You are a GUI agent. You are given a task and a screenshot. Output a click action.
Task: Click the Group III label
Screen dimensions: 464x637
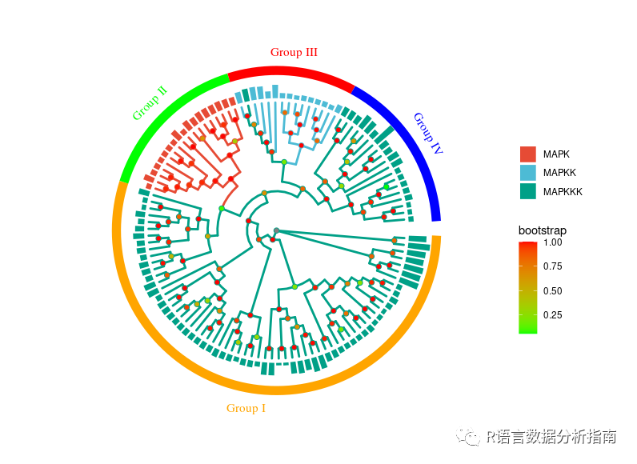(294, 53)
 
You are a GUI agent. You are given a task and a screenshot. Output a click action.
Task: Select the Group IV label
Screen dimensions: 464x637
(427, 133)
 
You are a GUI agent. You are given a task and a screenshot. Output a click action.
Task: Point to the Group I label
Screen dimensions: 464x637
(246, 408)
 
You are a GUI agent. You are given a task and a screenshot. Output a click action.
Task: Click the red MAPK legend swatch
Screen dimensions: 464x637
(527, 154)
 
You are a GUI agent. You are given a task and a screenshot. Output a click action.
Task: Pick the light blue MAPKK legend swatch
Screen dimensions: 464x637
(527, 173)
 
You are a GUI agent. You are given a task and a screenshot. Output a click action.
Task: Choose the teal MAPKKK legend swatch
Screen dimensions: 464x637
(527, 191)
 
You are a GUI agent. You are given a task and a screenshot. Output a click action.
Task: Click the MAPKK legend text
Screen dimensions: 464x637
(559, 173)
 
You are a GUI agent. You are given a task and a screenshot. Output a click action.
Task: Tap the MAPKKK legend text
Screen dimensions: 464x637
(563, 192)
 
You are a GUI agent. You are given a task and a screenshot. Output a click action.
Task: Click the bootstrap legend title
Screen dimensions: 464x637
(543, 231)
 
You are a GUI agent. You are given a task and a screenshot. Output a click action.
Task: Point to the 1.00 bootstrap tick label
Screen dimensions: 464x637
(553, 242)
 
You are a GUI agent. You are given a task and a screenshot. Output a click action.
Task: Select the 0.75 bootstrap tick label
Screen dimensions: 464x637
(553, 266)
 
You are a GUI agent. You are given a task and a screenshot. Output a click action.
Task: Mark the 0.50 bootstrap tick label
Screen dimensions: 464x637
(553, 291)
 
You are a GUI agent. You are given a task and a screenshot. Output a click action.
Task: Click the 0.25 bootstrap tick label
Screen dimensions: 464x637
(553, 315)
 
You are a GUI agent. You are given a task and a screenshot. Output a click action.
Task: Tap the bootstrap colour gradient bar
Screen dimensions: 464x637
(527, 286)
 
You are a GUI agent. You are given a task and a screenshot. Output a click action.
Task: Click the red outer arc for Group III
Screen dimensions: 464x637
(291, 73)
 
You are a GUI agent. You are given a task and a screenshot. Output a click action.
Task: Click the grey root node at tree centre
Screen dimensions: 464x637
(276, 231)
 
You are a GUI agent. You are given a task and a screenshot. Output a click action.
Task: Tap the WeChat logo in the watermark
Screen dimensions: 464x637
(466, 437)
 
